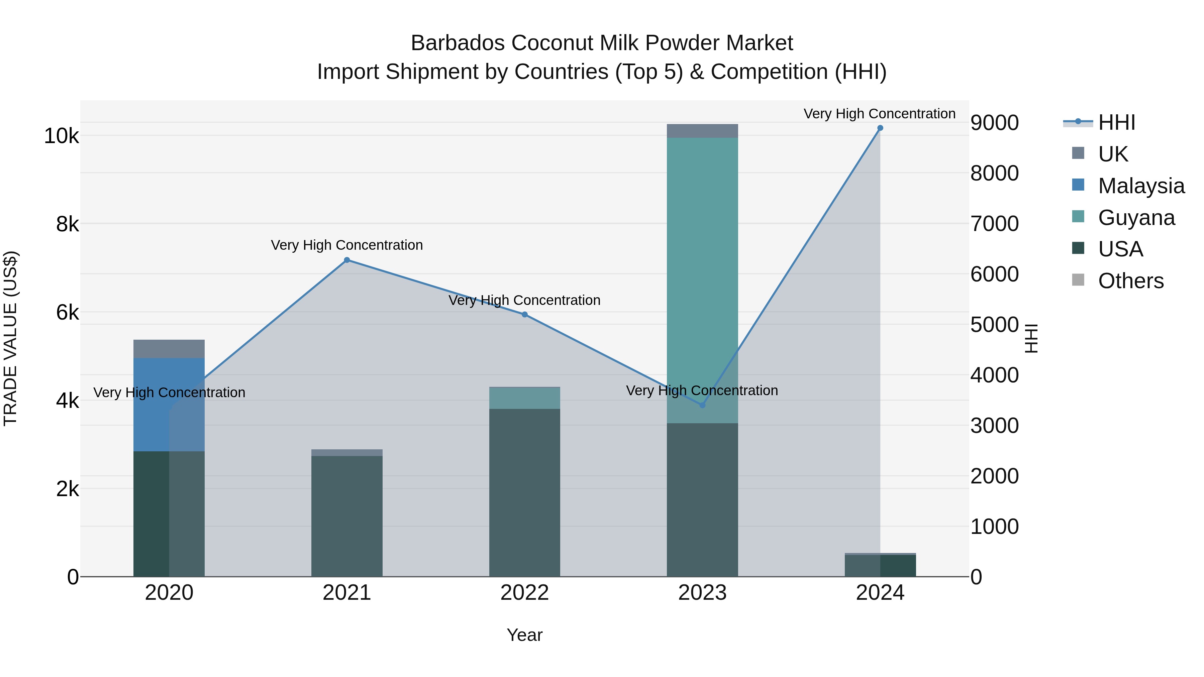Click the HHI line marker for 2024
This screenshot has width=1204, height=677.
point(880,128)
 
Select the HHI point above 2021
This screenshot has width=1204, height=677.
point(347,260)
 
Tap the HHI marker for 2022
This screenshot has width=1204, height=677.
point(524,315)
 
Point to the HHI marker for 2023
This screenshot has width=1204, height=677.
point(702,405)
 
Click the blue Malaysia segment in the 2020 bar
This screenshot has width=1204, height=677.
point(154,404)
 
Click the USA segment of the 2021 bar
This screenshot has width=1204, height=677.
point(347,516)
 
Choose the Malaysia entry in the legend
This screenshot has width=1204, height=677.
point(1140,186)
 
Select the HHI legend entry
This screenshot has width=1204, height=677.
point(1116,122)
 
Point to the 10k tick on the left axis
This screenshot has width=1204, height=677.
point(61,136)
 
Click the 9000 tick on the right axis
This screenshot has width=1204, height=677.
point(995,123)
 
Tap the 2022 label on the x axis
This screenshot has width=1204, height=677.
point(524,593)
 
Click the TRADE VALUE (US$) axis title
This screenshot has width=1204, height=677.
point(10,338)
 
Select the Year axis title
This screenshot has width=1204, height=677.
point(524,635)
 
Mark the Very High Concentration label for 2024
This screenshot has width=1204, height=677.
point(879,114)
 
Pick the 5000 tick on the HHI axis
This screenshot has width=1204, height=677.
point(995,325)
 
